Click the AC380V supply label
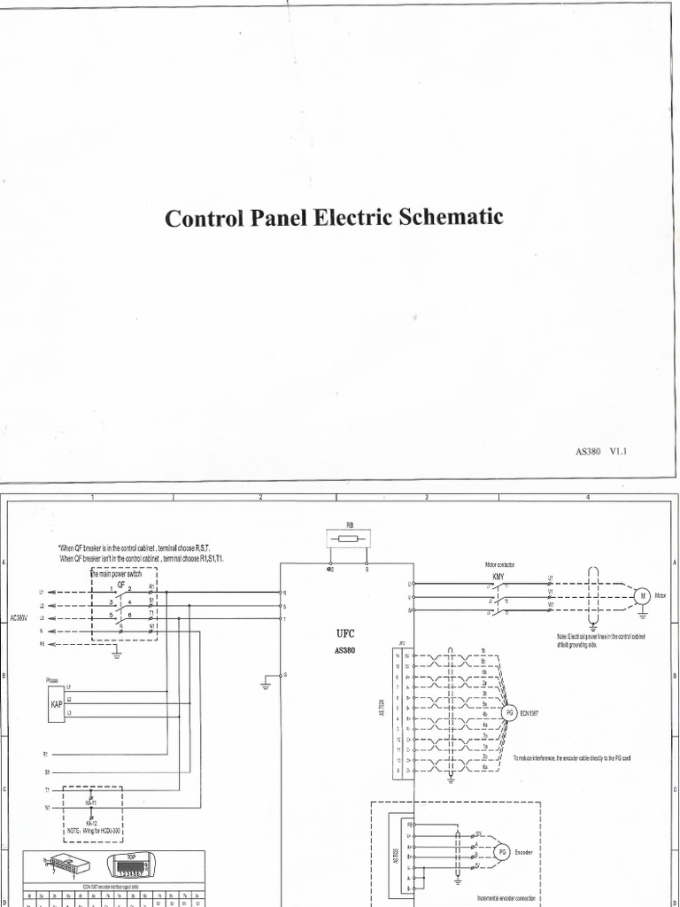[x=19, y=617]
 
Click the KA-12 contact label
[x=92, y=822]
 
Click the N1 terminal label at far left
[x=47, y=807]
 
